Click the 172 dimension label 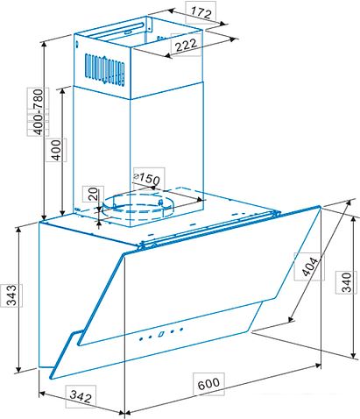[201, 13]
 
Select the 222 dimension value [186, 45]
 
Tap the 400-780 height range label [39, 112]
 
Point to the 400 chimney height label [56, 150]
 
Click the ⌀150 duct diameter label [147, 178]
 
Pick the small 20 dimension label [93, 194]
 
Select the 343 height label [11, 295]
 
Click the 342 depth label [81, 396]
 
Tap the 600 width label [208, 384]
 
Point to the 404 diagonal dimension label [309, 266]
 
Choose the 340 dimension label [347, 282]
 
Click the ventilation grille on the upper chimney [105, 70]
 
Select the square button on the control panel [161, 334]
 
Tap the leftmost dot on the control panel [141, 339]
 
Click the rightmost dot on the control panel [181, 330]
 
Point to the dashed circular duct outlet [137, 207]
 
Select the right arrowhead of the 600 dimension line [318, 366]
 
